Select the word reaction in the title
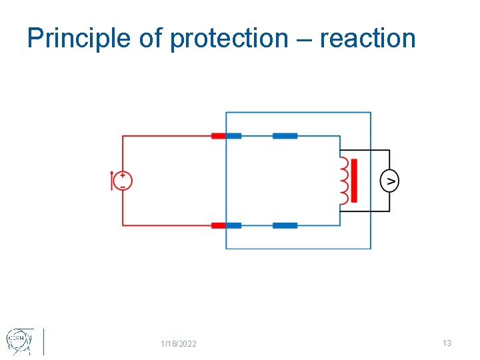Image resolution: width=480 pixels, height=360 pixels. (367, 39)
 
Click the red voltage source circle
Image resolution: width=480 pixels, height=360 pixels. (123, 181)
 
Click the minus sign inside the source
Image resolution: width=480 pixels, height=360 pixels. (123, 186)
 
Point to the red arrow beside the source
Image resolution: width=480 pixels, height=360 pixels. (112, 181)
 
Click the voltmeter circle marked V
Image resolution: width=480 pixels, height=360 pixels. (389, 181)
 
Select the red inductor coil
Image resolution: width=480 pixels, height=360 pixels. (344, 180)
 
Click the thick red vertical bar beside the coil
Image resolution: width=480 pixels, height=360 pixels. (354, 181)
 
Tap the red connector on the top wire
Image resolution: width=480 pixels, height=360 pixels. (218, 136)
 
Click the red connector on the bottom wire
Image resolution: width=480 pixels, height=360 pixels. (218, 225)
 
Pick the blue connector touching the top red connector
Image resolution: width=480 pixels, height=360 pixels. (233, 136)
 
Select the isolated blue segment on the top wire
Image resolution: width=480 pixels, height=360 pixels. (285, 136)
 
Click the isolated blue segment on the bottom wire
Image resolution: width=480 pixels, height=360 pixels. (285, 225)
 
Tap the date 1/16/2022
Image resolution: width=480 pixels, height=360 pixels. (179, 344)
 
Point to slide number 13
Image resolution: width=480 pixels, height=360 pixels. (447, 343)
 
